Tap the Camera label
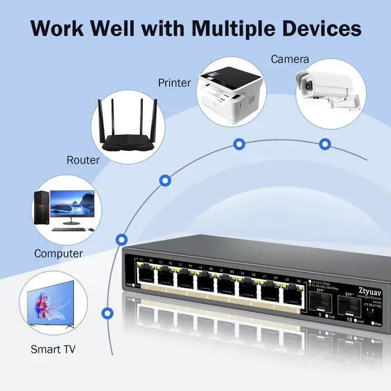(290, 59)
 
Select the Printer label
(175, 82)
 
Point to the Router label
(83, 160)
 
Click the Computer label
(59, 253)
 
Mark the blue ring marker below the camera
(325, 144)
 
